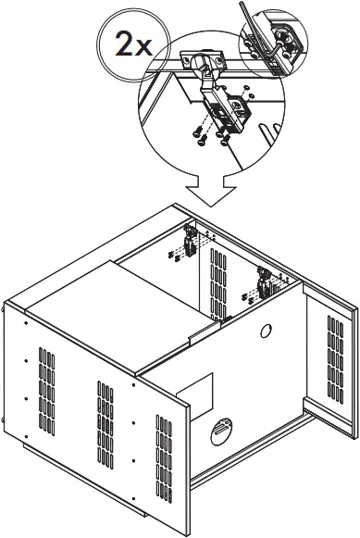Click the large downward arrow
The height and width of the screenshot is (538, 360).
209,189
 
